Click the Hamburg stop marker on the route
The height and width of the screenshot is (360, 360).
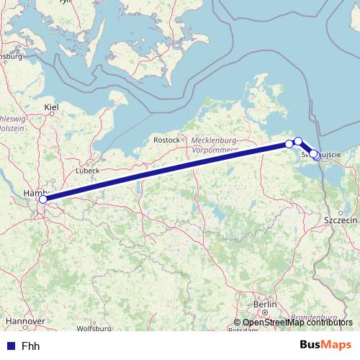tap(42, 199)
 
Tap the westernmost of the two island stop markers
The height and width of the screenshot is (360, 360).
tap(289, 144)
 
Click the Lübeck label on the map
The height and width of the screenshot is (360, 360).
tap(87, 171)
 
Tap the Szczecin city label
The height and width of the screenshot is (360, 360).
tap(341, 219)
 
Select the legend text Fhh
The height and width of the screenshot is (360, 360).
tap(30, 346)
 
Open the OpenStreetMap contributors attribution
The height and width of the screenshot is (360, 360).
tap(297, 323)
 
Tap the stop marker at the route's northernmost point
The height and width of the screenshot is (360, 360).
tap(298, 141)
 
